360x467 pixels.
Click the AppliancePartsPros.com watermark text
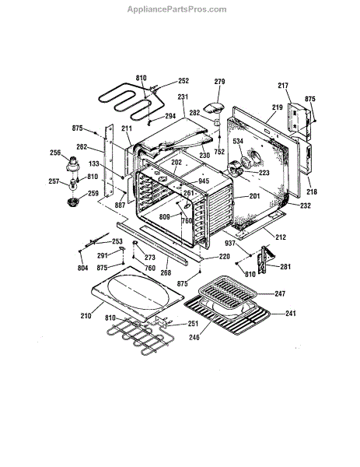pos(177,9)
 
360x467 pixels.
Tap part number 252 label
pos(183,81)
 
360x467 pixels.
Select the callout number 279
pos(219,81)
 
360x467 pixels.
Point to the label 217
pos(283,86)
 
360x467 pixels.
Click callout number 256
pos(55,153)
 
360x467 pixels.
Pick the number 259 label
pos(93,193)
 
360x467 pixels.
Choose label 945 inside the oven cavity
pos(204,181)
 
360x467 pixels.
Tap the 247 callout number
pos(280,294)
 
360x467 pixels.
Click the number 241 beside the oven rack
pos(291,314)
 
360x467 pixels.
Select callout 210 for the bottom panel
pos(86,315)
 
